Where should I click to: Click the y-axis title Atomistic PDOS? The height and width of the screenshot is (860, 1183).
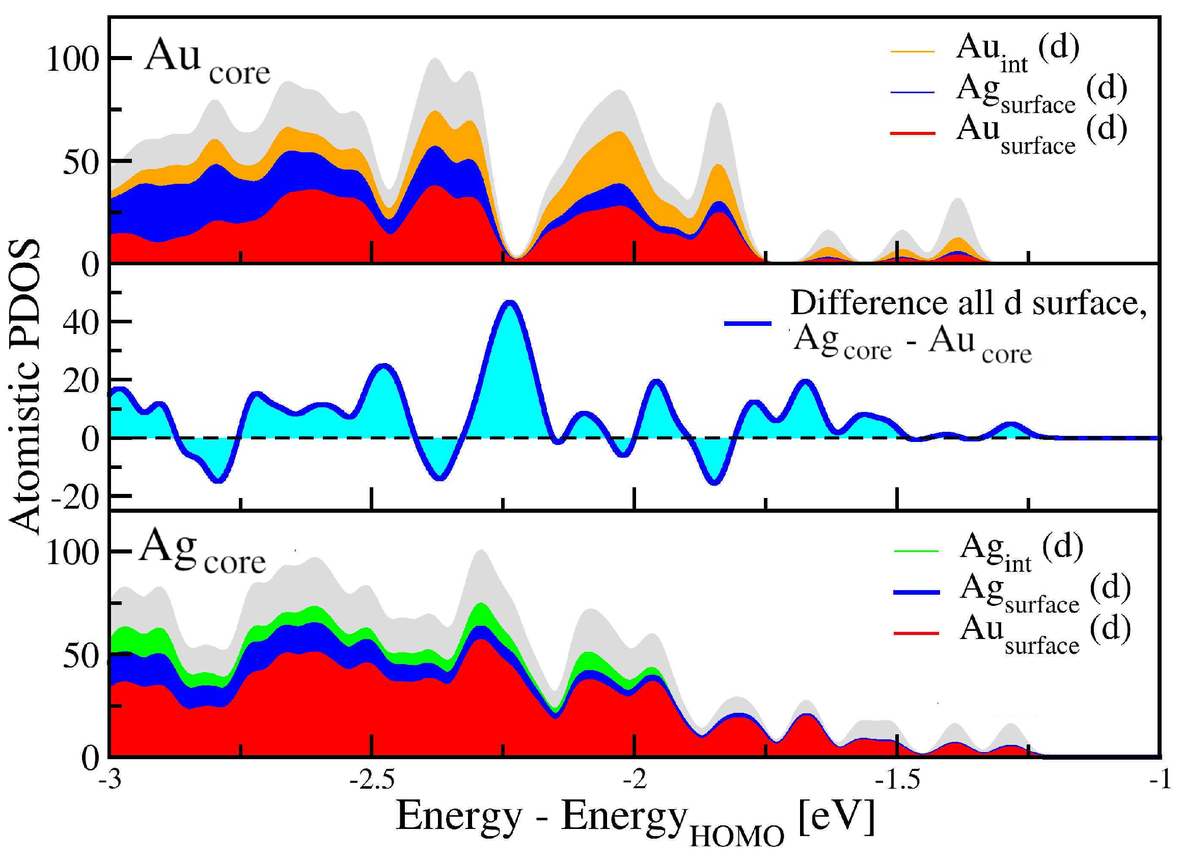(x=24, y=386)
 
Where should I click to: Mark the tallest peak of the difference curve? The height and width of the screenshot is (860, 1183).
(x=510, y=303)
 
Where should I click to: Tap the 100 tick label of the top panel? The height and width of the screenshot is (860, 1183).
(x=72, y=59)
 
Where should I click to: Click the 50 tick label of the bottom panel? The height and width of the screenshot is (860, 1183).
(x=81, y=656)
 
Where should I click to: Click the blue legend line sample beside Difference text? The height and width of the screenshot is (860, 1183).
(x=748, y=324)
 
